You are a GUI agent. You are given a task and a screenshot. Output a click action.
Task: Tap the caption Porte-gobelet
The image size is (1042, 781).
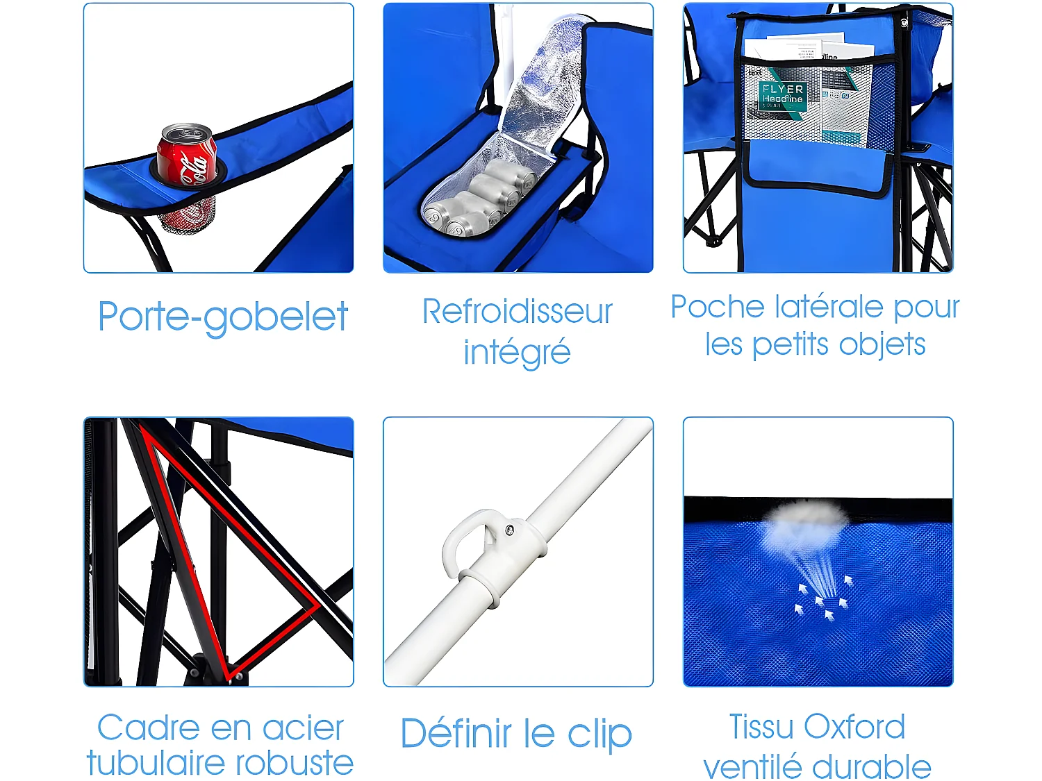pos(222,317)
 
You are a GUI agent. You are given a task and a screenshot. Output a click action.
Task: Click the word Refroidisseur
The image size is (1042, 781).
pos(518,311)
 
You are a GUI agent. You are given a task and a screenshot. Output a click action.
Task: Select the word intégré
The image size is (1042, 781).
pos(517,352)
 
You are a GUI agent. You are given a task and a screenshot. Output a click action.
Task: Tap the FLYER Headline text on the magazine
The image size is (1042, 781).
pos(782,94)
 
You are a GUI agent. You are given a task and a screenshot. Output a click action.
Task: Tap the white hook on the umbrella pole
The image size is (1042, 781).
pos(465,541)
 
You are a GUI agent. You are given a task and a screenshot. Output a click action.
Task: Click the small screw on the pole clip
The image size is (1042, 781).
pos(510,530)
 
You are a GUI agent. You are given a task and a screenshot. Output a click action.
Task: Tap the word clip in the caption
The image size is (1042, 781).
pos(599,734)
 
